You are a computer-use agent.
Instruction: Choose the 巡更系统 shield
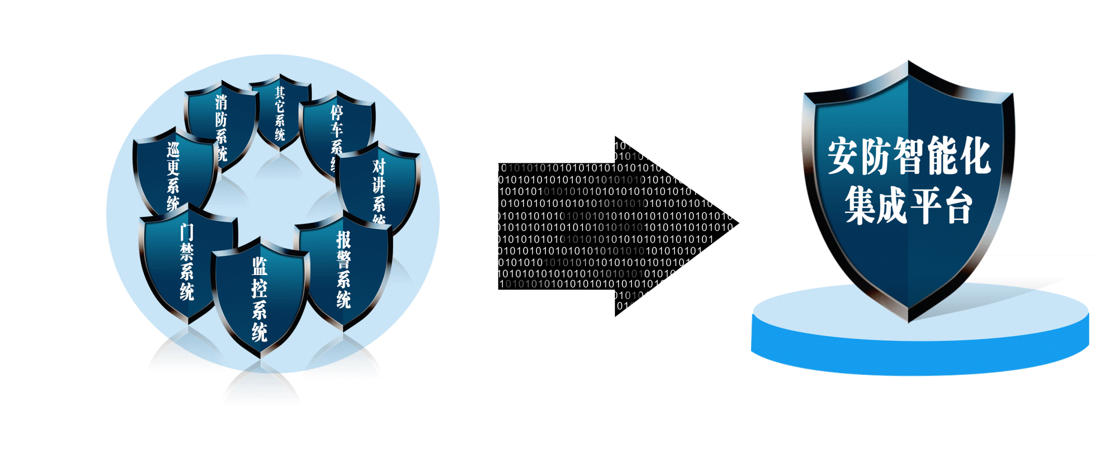[172, 175]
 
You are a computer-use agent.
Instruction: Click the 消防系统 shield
[220, 122]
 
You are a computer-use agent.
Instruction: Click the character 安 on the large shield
[843, 156]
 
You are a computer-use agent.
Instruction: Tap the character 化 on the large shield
[973, 156]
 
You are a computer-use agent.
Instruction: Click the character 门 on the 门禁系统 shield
[186, 231]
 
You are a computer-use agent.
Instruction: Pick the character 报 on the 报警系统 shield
[343, 239]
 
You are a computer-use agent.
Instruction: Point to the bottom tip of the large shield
[908, 320]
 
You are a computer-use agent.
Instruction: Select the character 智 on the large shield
[908, 156]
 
